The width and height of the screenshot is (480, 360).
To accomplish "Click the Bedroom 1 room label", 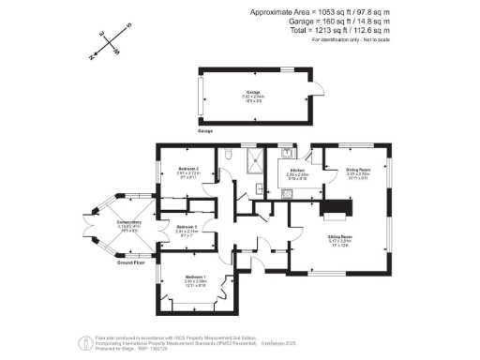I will pos(195,279).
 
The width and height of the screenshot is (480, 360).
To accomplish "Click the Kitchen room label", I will pos(298,170).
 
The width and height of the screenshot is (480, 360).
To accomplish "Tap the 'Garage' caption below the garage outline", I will pos(205,131).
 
